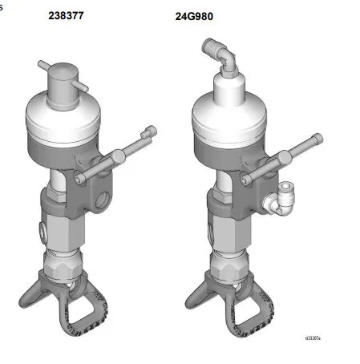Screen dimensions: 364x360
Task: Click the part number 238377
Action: coord(66,14)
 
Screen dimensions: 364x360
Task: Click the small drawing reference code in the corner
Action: coord(312,339)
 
